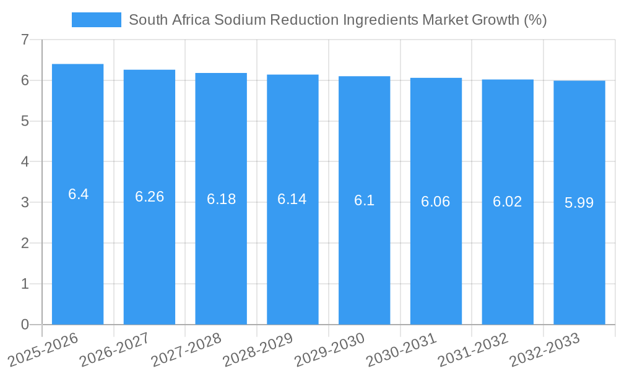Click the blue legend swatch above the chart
(96, 20)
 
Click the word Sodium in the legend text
(241, 20)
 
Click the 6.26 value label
(149, 197)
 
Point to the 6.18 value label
(221, 199)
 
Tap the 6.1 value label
(364, 200)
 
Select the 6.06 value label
(436, 202)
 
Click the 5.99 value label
(579, 203)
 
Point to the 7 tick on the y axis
(25, 40)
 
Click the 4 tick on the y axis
(25, 162)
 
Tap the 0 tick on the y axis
(25, 325)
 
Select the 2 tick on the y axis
(25, 243)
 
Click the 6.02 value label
(508, 202)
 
